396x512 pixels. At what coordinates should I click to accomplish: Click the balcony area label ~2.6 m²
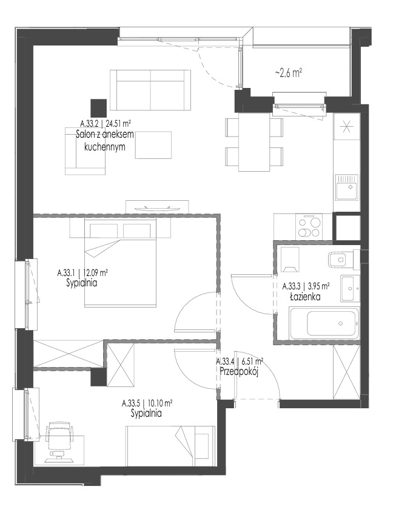click(288, 73)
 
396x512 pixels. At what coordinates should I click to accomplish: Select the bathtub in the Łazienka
click(324, 323)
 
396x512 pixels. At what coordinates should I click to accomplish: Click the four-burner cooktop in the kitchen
click(309, 226)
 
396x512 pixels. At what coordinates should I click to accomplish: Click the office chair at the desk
click(59, 440)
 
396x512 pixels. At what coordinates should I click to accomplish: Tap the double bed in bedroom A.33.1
click(120, 263)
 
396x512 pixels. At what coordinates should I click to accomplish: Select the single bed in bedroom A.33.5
click(171, 446)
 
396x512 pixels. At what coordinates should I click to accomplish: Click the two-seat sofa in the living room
click(150, 90)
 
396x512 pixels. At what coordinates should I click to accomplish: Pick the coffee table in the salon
click(153, 145)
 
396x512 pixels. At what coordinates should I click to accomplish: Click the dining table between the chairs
click(254, 142)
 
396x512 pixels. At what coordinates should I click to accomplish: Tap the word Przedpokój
click(239, 372)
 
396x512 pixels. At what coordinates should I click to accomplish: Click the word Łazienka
click(305, 297)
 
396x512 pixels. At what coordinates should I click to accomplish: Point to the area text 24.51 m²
click(118, 123)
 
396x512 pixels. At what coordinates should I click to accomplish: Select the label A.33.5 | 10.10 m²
click(147, 403)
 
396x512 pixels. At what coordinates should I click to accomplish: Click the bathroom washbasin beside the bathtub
click(350, 289)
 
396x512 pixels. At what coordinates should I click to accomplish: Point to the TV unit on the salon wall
click(157, 207)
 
